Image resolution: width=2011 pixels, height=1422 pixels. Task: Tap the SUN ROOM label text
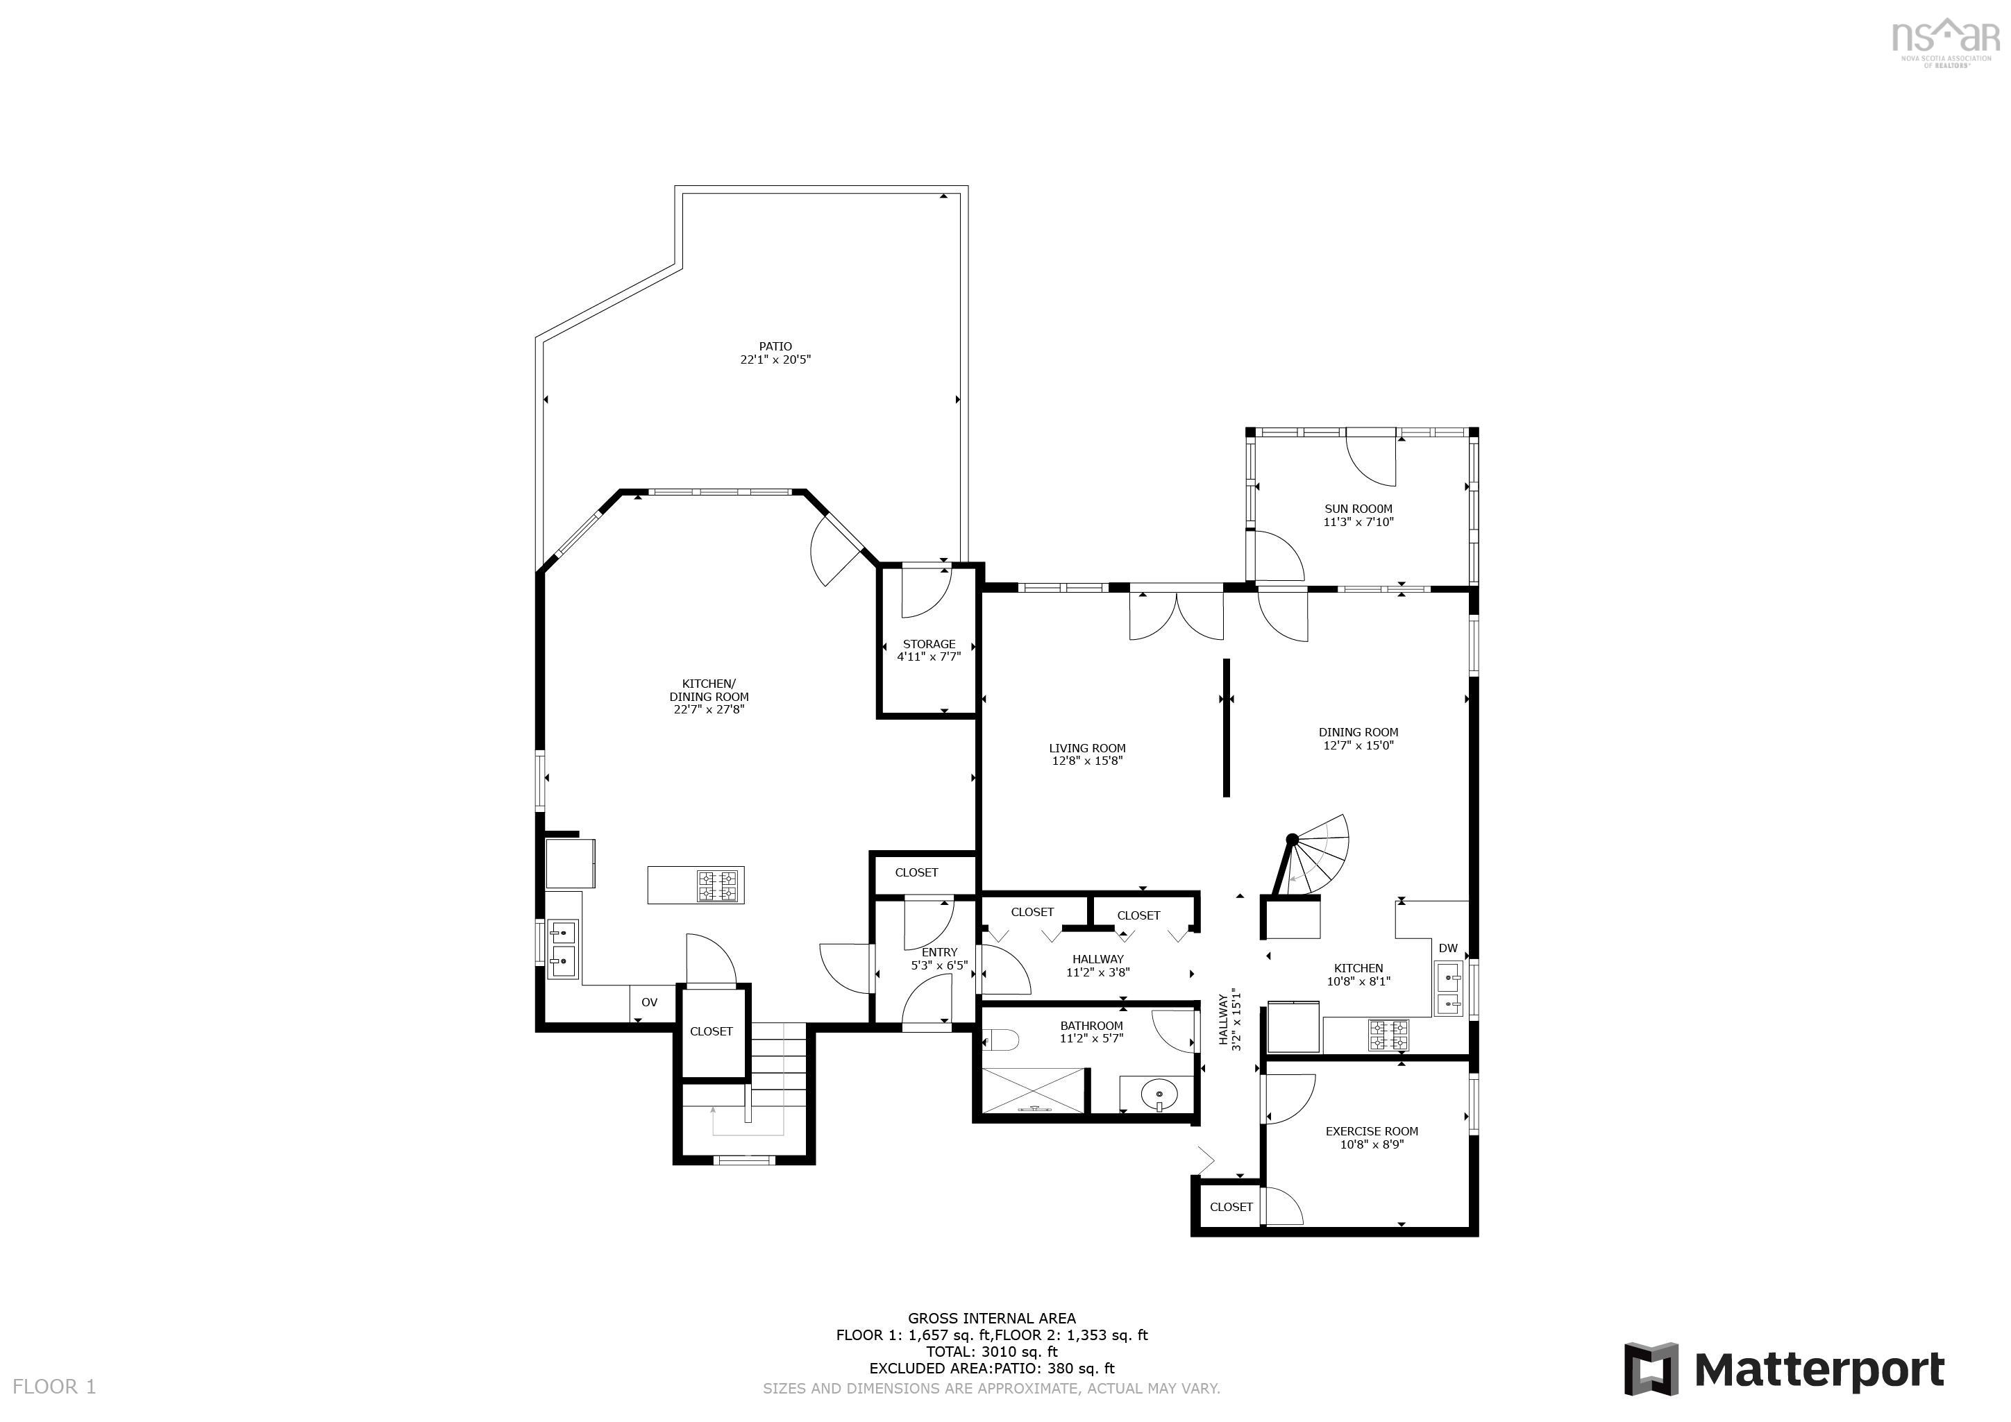(x=1358, y=509)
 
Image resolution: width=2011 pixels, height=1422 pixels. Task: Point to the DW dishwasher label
(x=1448, y=948)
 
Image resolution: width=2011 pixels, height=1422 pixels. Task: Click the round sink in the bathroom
(x=1157, y=1094)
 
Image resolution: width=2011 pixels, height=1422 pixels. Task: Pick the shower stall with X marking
(x=1034, y=1090)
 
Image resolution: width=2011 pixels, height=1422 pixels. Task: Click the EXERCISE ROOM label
(x=1372, y=1131)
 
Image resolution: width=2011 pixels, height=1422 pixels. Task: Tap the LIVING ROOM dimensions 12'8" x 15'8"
(x=1087, y=761)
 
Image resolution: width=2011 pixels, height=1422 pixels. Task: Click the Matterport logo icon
(x=1651, y=1369)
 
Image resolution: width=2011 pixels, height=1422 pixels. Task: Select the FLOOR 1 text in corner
(x=54, y=1386)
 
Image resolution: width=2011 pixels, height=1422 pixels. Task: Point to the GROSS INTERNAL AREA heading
(x=991, y=1318)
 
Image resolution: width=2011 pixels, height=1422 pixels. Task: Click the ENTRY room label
(x=940, y=951)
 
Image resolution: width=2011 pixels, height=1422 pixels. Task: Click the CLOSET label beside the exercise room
(x=1231, y=1207)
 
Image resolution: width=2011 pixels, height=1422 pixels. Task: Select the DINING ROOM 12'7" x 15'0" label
(x=1358, y=739)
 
